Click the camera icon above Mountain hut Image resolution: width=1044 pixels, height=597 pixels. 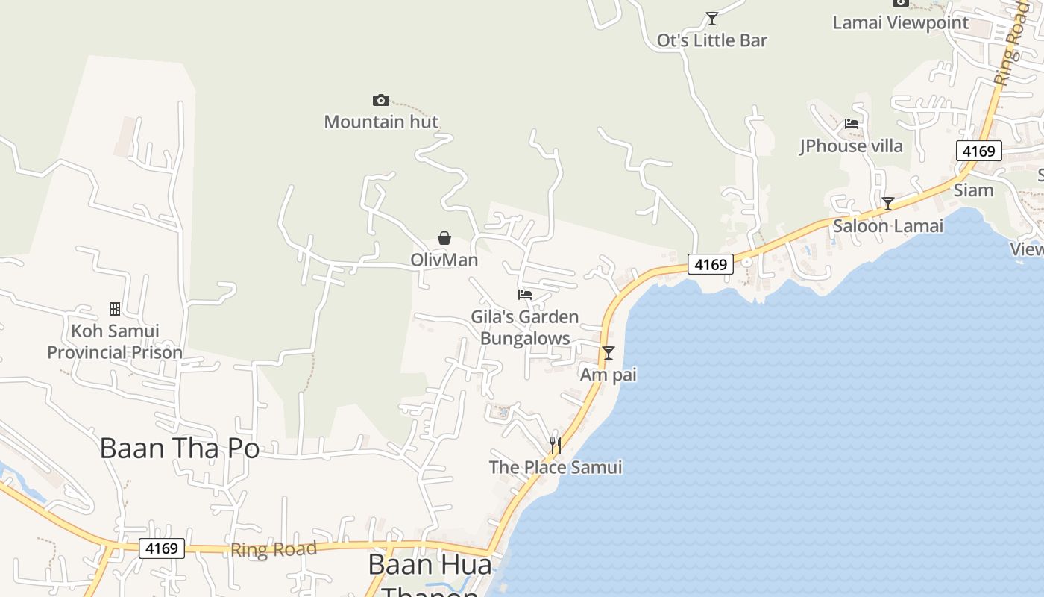(381, 100)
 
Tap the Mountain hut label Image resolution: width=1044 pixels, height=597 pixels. (381, 122)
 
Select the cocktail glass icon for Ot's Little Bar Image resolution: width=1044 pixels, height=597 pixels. (712, 18)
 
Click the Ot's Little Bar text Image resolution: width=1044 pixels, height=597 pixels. (712, 40)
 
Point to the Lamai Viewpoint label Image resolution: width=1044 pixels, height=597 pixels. (900, 22)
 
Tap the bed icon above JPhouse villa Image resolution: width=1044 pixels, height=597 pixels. (852, 124)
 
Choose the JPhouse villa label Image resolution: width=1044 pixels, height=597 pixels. (852, 146)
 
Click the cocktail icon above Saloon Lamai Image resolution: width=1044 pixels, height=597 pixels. (888, 203)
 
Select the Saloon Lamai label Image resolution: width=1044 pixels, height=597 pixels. (888, 225)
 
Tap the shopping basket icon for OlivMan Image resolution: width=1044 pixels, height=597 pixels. (444, 238)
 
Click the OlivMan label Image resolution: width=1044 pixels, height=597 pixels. (444, 260)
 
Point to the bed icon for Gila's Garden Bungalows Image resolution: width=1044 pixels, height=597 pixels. (525, 295)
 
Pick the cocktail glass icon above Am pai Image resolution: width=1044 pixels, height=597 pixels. (609, 352)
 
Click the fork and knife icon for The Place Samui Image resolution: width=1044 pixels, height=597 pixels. (555, 445)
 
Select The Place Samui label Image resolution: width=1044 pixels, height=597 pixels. (556, 468)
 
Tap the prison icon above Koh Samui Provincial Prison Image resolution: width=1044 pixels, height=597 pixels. (115, 308)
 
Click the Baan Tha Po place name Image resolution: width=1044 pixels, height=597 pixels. (179, 448)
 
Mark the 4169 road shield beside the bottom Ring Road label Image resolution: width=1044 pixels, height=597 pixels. (162, 548)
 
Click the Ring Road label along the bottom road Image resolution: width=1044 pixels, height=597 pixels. (274, 550)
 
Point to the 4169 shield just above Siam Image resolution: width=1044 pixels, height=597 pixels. (978, 151)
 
